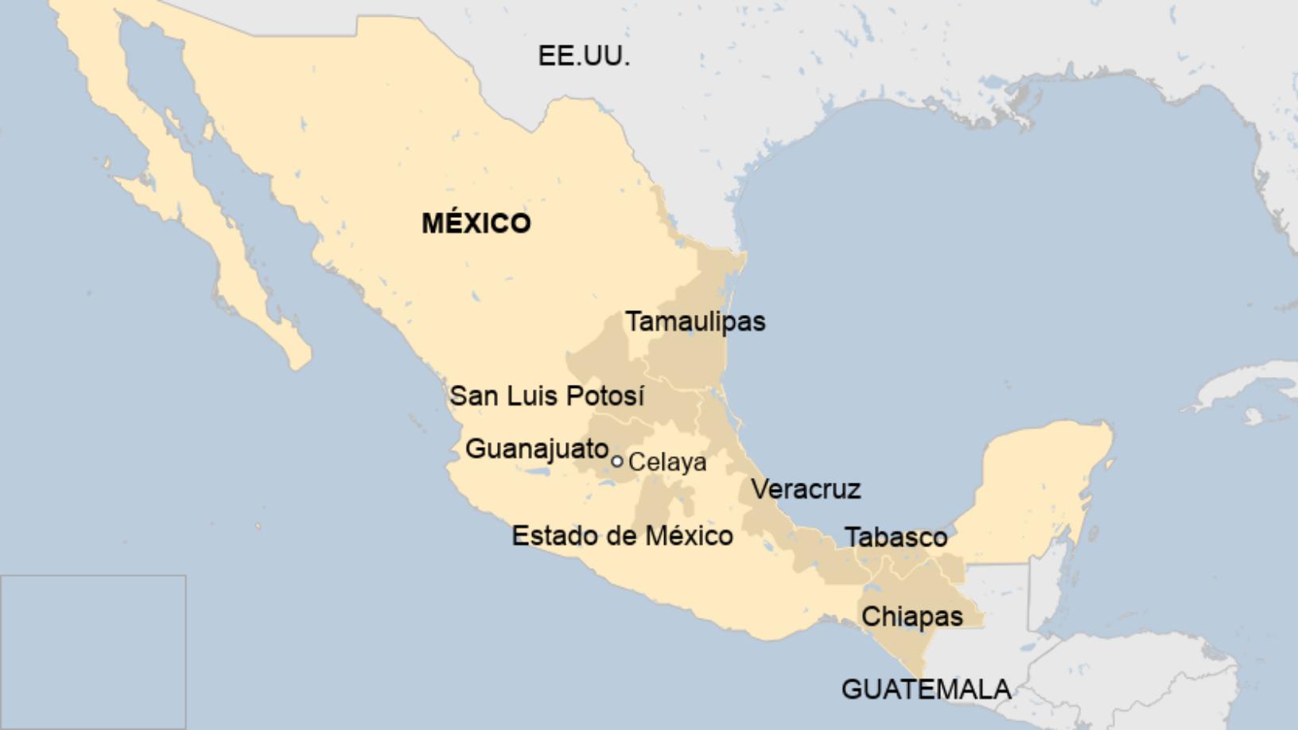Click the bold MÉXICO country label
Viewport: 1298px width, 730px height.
(x=476, y=223)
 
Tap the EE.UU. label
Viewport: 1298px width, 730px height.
(x=584, y=56)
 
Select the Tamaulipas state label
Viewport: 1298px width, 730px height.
(x=695, y=321)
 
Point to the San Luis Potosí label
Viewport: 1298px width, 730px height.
(x=546, y=395)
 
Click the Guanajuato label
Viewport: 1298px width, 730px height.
(x=537, y=448)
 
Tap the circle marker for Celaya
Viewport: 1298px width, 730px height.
(x=616, y=461)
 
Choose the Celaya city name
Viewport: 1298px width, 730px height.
(x=667, y=462)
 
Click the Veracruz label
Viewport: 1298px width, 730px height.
(x=806, y=489)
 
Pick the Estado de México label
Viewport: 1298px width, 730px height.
(x=622, y=536)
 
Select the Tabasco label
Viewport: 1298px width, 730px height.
(x=896, y=538)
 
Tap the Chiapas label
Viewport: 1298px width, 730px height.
(x=911, y=616)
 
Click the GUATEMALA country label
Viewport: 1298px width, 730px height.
(x=926, y=689)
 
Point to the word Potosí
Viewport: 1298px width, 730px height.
(x=609, y=395)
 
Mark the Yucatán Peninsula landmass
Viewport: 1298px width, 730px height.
(x=1042, y=485)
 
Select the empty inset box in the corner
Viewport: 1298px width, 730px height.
(x=93, y=651)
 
